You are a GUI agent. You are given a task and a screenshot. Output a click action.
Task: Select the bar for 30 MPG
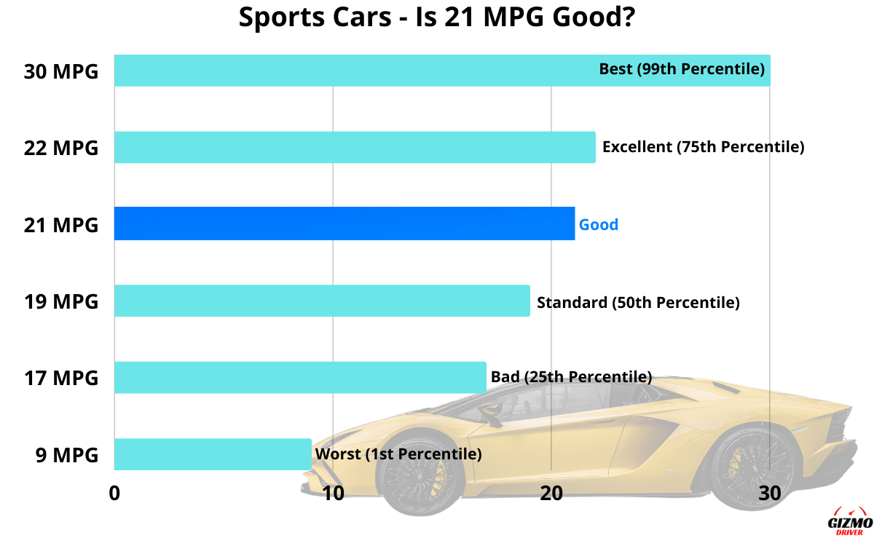click(350, 71)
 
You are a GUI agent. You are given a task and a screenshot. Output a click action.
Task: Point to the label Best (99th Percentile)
click(682, 69)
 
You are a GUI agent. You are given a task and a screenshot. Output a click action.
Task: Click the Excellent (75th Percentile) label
click(703, 147)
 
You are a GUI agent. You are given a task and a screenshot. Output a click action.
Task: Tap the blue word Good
click(598, 224)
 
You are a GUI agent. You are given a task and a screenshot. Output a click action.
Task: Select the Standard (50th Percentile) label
click(638, 302)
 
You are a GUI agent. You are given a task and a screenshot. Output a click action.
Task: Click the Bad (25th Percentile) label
click(571, 377)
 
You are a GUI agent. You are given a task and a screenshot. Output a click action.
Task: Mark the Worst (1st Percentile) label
click(398, 454)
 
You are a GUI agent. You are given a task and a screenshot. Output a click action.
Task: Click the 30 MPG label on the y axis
click(60, 71)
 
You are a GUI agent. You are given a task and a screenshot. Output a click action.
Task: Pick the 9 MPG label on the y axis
click(66, 455)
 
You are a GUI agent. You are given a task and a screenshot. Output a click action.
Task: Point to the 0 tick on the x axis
click(114, 493)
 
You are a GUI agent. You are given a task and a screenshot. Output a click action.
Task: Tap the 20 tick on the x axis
click(551, 493)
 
